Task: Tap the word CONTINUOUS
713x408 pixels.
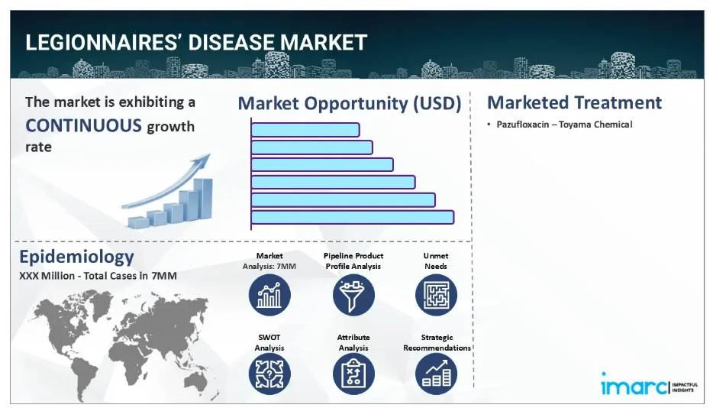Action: [83, 125]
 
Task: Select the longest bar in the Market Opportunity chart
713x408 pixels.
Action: [353, 217]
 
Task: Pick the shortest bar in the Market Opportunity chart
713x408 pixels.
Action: [305, 130]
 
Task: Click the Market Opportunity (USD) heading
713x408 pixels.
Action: [349, 103]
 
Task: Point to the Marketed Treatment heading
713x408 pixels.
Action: [574, 102]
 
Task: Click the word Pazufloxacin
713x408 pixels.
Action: [522, 125]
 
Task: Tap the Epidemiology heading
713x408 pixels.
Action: [76, 257]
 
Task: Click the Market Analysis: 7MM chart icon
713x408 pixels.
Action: [269, 295]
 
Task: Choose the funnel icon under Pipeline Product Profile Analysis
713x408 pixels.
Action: [353, 295]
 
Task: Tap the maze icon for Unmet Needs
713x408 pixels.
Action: [436, 295]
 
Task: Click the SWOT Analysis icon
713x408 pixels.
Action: [269, 374]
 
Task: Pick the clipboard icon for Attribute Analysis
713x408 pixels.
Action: [353, 374]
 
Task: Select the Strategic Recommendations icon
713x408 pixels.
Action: [436, 374]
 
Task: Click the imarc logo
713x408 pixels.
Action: [649, 385]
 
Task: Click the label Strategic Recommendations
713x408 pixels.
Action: [437, 342]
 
